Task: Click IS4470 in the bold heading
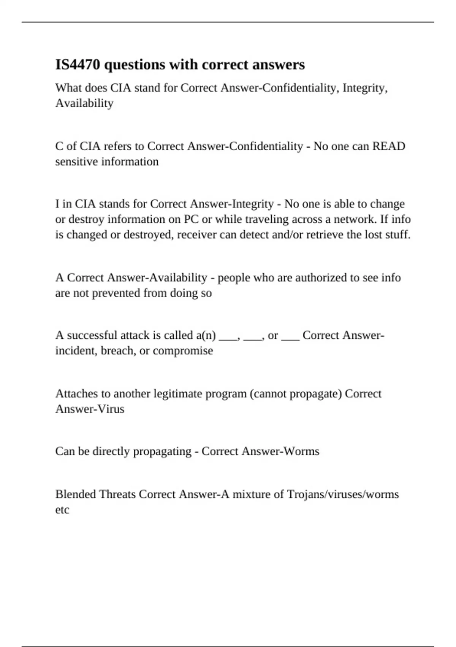click(78, 65)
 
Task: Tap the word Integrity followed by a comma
click(365, 88)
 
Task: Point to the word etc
click(62, 510)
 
